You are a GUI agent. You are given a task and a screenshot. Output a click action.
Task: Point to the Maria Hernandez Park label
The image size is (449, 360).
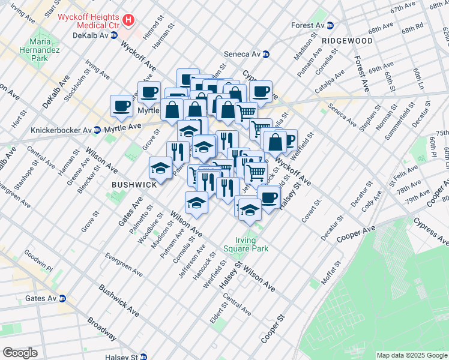(x=38, y=51)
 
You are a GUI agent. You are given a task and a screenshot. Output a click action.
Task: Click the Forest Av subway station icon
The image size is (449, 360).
(x=330, y=26)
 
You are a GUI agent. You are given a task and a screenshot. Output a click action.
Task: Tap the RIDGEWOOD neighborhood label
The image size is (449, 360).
(x=346, y=41)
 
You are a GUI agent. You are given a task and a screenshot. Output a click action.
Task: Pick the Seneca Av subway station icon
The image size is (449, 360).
(x=266, y=54)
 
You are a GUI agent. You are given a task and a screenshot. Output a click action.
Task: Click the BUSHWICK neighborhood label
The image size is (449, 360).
(x=133, y=185)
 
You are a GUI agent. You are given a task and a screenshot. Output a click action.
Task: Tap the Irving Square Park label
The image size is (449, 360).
(x=246, y=244)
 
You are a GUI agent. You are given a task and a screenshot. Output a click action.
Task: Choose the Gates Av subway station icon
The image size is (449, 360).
(x=62, y=298)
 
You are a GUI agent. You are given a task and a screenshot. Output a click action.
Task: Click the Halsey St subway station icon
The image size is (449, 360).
(x=143, y=356)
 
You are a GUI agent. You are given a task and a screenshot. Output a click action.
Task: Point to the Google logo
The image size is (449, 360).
(x=20, y=353)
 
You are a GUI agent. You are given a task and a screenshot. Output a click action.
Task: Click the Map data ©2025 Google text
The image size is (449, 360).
(x=411, y=355)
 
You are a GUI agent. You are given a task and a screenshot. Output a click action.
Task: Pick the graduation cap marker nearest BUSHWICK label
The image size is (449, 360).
(x=160, y=167)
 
